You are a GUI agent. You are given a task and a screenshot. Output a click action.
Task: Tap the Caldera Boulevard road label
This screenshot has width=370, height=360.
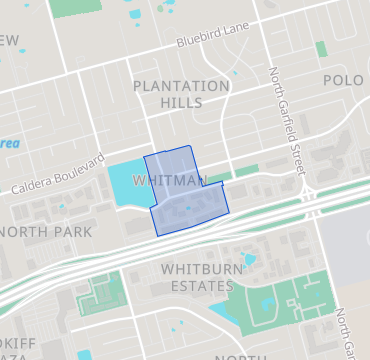point(58,174)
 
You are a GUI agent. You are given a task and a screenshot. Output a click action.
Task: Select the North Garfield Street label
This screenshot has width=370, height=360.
point(286,124)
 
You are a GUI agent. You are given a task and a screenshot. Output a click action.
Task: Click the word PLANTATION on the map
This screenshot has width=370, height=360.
point(181,86)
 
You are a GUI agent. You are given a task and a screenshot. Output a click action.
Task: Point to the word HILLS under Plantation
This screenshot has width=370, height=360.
point(181,103)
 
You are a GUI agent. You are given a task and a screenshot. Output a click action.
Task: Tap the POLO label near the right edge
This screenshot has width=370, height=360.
point(343,79)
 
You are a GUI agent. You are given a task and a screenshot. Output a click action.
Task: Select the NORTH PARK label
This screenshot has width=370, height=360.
point(48,232)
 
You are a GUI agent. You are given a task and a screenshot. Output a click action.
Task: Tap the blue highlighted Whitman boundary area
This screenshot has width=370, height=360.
point(185,205)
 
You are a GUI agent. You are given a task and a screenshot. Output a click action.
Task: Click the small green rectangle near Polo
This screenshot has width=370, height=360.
point(321,49)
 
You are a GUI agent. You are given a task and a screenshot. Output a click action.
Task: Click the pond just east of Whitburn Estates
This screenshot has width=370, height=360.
point(249,261)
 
